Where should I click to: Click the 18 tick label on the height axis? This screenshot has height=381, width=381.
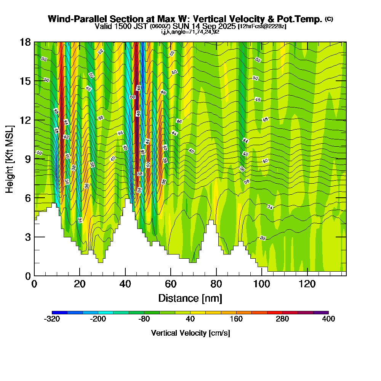click(25, 42)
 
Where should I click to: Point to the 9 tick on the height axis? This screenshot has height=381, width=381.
click(34, 159)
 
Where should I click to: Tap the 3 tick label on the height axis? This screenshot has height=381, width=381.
click(27, 237)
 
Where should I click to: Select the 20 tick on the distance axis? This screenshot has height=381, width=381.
click(80, 275)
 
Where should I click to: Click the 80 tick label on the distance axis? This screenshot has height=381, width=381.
click(216, 285)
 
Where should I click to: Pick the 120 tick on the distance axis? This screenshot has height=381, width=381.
click(307, 275)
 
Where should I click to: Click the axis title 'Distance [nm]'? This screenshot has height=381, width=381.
click(190, 298)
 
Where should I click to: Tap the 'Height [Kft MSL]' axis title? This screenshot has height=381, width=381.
click(10, 158)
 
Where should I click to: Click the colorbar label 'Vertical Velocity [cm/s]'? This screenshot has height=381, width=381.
click(190, 333)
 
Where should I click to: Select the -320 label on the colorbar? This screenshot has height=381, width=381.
click(52, 319)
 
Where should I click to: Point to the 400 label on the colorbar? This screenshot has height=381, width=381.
click(328, 319)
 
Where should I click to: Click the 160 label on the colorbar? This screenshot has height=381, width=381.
click(236, 319)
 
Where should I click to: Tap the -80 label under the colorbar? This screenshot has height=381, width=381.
click(144, 319)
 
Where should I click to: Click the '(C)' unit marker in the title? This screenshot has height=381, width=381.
click(328, 19)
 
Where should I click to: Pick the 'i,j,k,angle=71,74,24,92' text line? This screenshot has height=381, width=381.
click(190, 32)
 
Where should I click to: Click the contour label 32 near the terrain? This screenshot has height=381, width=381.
click(263, 238)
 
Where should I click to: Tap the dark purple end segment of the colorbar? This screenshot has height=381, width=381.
click(321, 312)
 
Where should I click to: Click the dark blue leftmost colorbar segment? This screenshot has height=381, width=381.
click(59, 312)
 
